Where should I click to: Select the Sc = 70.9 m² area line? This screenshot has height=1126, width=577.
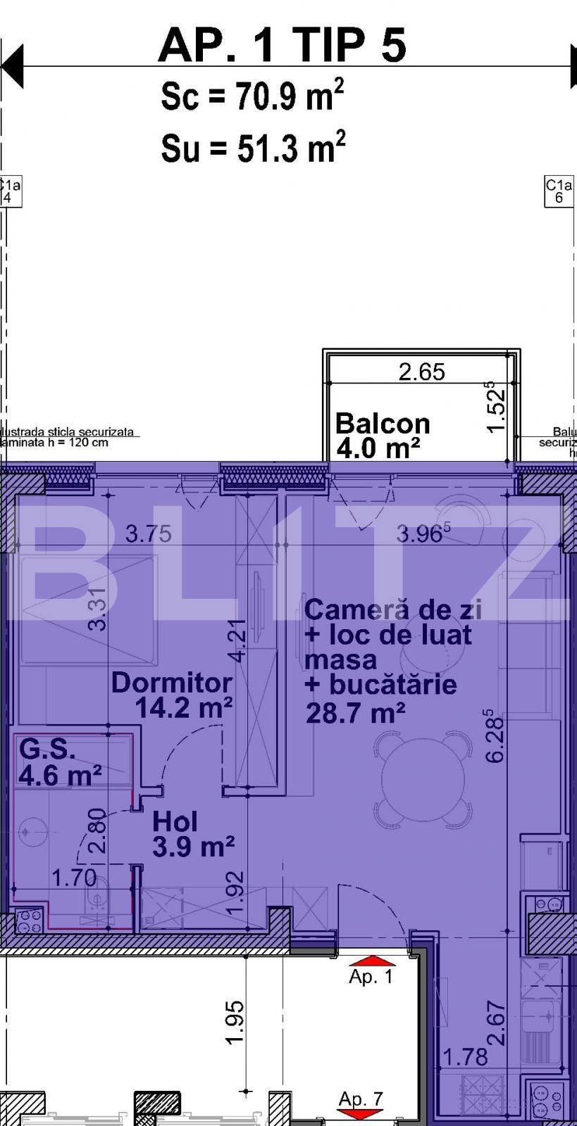tap(252, 96)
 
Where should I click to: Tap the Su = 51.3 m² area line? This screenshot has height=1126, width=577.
tap(252, 148)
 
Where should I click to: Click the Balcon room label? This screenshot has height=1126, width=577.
tap(382, 424)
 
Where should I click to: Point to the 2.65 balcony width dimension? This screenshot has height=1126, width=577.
tap(421, 372)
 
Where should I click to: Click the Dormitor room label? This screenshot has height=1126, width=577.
tap(172, 683)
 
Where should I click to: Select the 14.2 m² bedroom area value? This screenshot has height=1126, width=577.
tap(183, 707)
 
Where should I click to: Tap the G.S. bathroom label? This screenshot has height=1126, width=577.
tap(47, 749)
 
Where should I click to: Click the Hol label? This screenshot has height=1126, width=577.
tap(175, 821)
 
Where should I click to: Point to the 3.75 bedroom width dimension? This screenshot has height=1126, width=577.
tap(148, 534)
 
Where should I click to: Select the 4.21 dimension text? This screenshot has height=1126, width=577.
tap(238, 640)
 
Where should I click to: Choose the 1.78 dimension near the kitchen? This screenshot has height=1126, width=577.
tap(466, 1057)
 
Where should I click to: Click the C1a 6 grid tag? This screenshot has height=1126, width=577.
tap(559, 191)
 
